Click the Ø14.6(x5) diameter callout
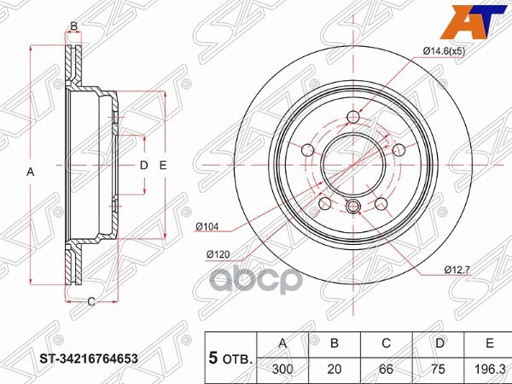coord(444,51)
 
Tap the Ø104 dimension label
coord(207,226)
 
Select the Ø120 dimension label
coord(218,253)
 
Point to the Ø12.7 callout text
coord(457,270)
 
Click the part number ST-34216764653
coord(89,359)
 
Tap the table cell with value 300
coord(282,369)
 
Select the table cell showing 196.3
coord(491,369)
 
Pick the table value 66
coord(386,369)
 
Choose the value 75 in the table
coord(438,369)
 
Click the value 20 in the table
coord(335,369)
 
